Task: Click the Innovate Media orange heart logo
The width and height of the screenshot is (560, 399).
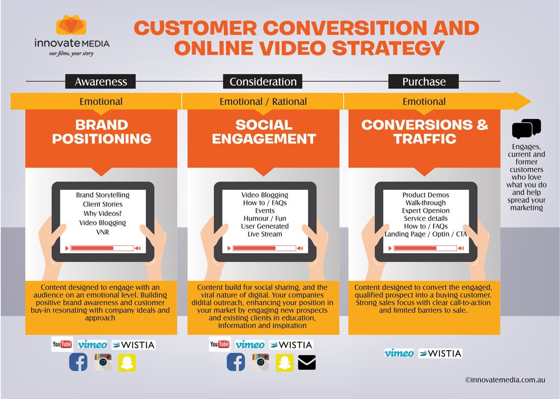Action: click(71, 24)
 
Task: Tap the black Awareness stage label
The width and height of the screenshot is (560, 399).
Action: click(100, 81)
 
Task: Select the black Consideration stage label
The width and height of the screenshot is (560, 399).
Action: click(263, 81)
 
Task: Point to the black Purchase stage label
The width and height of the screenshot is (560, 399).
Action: click(424, 81)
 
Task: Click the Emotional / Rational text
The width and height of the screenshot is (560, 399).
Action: click(263, 102)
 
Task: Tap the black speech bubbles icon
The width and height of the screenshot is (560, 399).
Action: click(526, 128)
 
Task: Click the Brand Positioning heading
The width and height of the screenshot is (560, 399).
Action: click(102, 132)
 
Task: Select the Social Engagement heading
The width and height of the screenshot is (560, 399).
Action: click(264, 132)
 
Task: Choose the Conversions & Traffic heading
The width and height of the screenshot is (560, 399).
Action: click(425, 132)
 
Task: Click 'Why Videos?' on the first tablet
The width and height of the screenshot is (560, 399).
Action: click(102, 213)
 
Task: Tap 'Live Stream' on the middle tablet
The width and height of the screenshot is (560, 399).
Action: click(265, 234)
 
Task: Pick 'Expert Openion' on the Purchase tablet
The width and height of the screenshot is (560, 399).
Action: click(426, 211)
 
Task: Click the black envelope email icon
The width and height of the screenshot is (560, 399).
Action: click(306, 362)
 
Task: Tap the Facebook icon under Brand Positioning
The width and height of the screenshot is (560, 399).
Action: click(78, 362)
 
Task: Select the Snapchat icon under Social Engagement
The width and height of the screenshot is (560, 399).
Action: click(285, 362)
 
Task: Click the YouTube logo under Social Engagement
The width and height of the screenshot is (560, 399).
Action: click(220, 344)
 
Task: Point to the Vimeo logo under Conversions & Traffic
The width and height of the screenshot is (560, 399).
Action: click(399, 353)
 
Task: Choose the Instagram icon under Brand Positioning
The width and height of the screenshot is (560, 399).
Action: click(103, 362)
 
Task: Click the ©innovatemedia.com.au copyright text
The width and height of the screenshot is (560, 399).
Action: click(505, 380)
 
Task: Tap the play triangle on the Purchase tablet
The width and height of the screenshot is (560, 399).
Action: click(390, 248)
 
